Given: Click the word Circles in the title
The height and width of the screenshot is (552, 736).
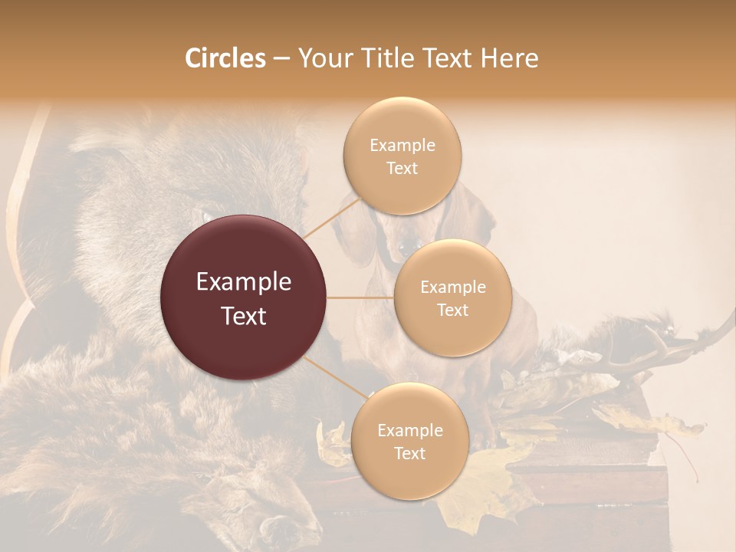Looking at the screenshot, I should click(225, 59).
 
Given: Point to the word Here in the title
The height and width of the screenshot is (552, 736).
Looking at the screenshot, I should click(509, 59).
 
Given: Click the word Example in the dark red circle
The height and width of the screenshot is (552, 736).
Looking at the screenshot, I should click(244, 282).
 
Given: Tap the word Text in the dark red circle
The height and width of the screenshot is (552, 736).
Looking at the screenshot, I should click(244, 315).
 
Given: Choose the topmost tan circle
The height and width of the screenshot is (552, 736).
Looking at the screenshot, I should click(402, 156).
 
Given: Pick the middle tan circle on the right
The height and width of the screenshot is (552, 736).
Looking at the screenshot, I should click(452, 297).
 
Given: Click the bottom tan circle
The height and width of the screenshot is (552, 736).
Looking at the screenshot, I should click(409, 441).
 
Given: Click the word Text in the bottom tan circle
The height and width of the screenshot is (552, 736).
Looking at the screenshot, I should click(409, 453).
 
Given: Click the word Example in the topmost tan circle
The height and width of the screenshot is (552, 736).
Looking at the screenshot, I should click(402, 145).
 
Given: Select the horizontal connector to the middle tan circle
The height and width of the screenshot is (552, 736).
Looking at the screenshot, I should click(360, 297).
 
